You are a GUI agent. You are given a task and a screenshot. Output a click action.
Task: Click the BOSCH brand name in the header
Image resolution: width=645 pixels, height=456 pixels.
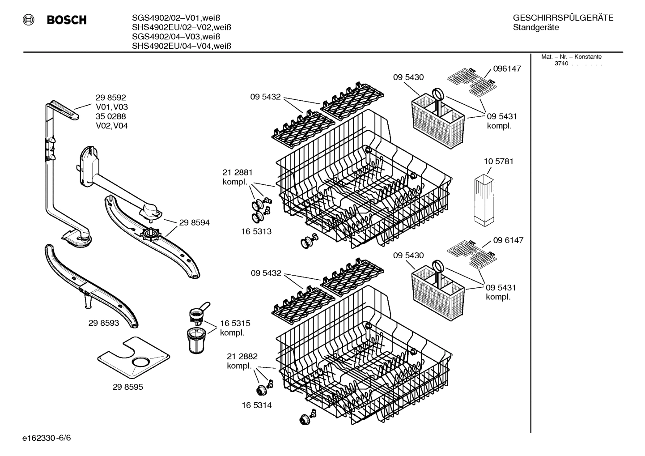(67, 20)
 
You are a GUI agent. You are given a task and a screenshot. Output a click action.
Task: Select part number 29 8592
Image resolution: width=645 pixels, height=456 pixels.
(110, 98)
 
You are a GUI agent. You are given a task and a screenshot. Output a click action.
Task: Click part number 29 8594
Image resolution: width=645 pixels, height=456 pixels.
(194, 222)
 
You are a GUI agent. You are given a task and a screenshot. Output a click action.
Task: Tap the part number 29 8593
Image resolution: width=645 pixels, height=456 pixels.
(104, 323)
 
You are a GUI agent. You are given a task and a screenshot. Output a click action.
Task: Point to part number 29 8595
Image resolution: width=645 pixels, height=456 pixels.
(128, 387)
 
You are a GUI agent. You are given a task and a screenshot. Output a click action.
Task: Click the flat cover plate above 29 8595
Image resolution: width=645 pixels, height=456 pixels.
(133, 356)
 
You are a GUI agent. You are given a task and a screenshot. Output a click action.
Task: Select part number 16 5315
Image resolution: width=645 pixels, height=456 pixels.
(235, 323)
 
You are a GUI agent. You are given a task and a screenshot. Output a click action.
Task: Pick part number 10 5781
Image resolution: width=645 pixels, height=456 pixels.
(498, 161)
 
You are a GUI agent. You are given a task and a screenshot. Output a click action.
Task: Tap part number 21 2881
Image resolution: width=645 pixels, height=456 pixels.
(238, 172)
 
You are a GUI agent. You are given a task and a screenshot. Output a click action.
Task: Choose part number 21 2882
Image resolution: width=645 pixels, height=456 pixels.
(242, 356)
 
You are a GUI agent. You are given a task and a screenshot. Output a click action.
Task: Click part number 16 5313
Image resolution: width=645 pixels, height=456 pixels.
(257, 231)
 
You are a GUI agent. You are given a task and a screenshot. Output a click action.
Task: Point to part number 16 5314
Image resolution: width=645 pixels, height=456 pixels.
(257, 405)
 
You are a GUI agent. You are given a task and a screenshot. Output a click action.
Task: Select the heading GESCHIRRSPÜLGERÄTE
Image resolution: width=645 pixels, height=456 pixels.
(563, 18)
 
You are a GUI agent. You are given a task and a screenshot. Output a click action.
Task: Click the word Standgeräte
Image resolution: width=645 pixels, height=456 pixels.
(535, 28)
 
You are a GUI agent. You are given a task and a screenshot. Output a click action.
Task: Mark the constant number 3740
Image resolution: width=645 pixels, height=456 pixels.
(561, 64)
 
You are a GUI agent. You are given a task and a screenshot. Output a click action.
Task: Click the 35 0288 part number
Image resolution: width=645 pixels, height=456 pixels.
(110, 116)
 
